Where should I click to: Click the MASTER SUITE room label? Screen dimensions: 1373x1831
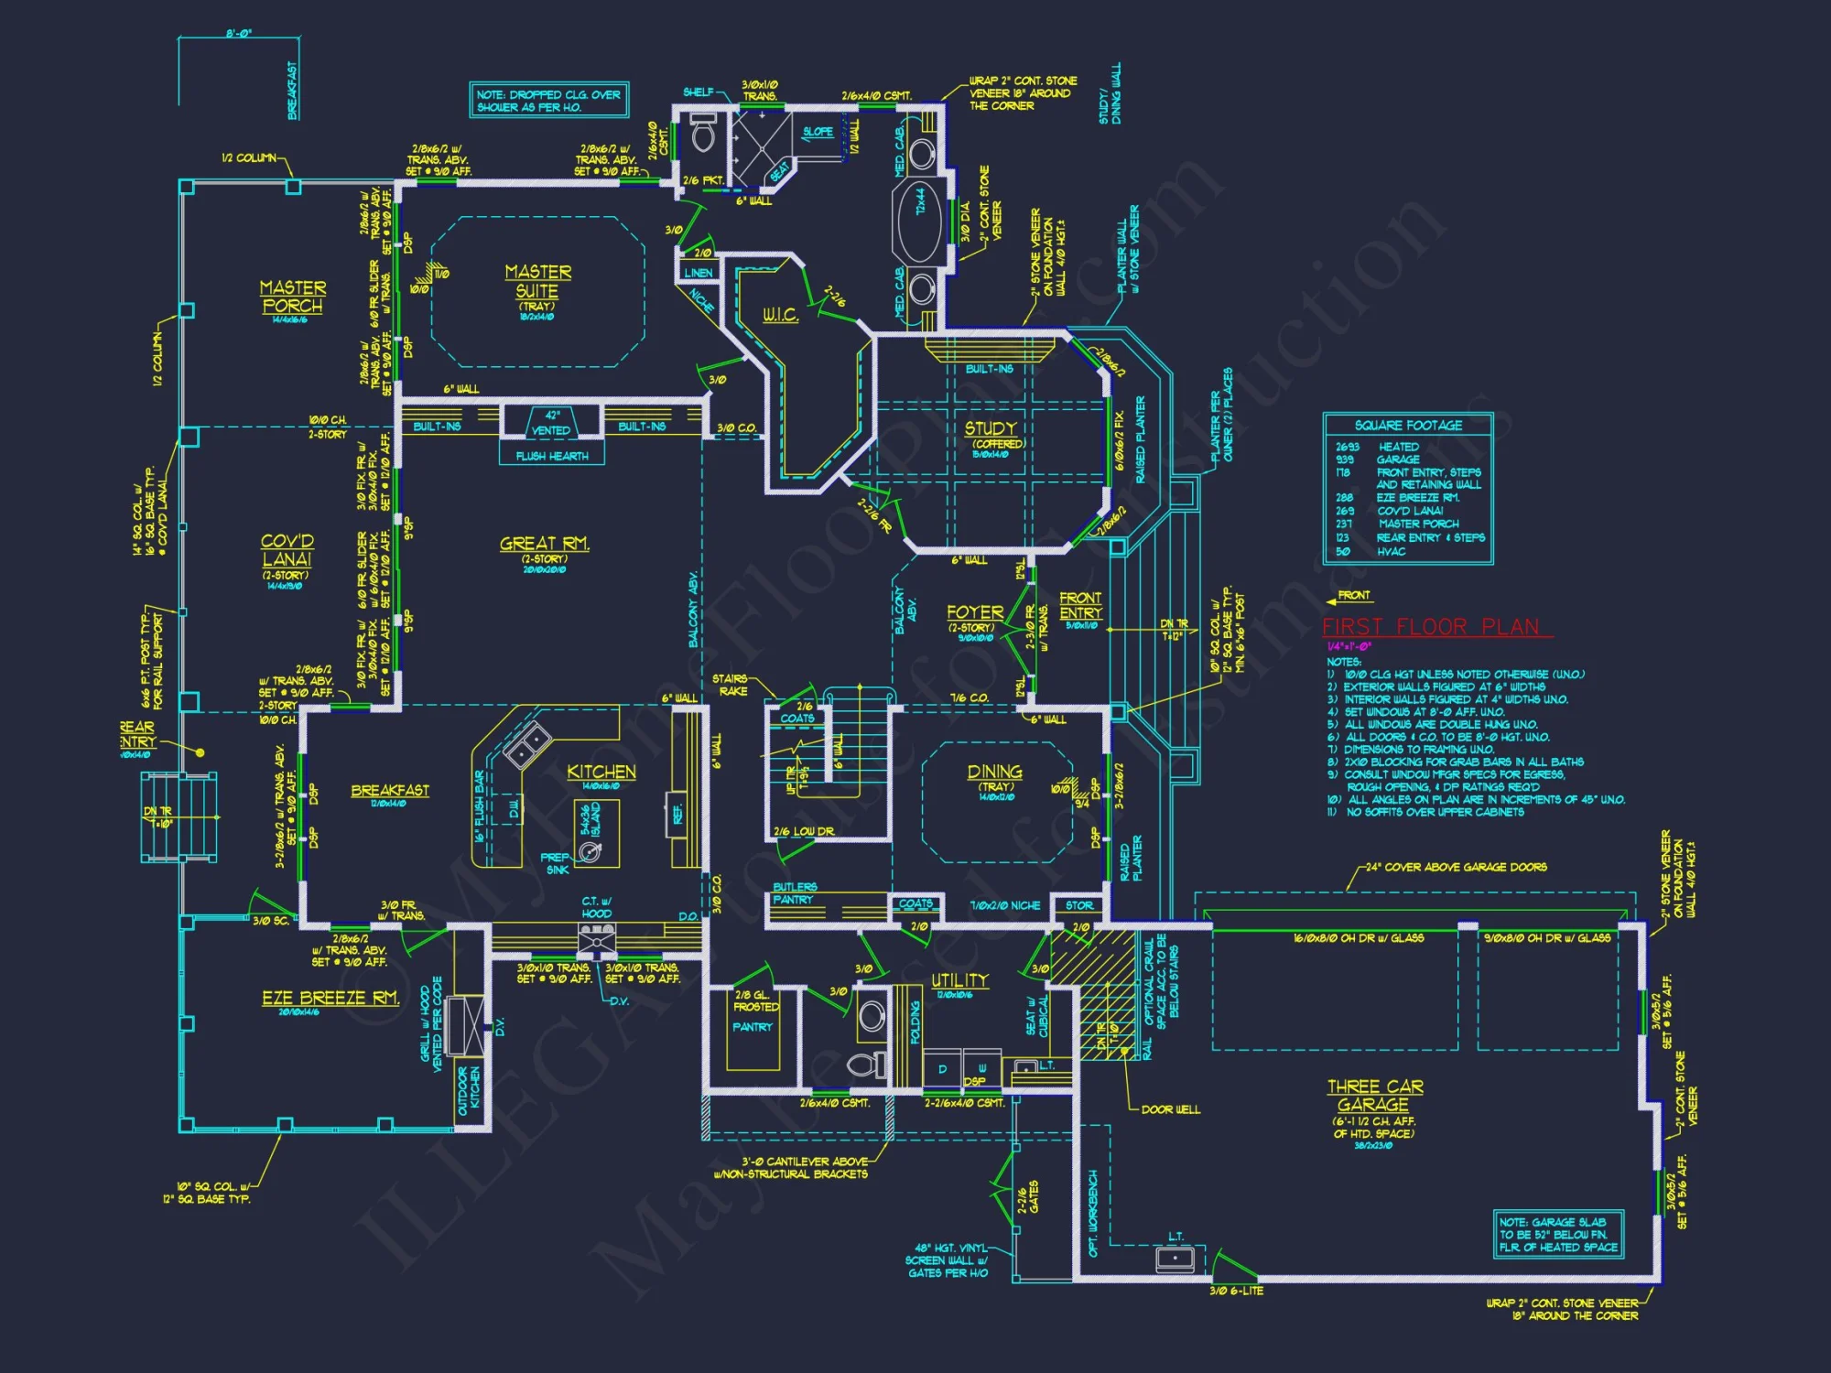click(x=537, y=281)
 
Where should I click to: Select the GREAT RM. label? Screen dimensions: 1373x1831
click(x=545, y=544)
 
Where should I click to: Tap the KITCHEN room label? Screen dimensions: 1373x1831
click(x=601, y=772)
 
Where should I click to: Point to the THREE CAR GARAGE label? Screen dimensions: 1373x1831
click(x=1375, y=1095)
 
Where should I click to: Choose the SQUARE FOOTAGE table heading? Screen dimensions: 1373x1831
click(x=1408, y=426)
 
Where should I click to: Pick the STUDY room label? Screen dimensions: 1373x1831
click(x=990, y=428)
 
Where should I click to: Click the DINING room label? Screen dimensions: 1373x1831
click(x=995, y=772)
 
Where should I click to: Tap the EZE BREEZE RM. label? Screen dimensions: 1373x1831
click(x=330, y=998)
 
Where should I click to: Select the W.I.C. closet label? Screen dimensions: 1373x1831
click(x=781, y=316)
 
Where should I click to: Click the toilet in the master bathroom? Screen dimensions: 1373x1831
click(x=703, y=135)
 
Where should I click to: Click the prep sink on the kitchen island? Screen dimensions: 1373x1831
click(x=590, y=852)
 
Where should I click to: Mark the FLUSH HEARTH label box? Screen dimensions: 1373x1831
click(x=552, y=456)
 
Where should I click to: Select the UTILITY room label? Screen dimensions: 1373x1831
click(x=959, y=980)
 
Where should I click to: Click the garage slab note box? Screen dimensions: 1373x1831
click(x=1558, y=1234)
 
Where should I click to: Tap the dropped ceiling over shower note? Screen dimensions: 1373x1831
click(x=548, y=101)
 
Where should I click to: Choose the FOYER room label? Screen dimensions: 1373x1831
click(x=975, y=611)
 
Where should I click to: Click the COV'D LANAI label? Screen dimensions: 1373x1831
click(x=287, y=549)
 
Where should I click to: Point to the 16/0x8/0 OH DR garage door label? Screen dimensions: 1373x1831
click(x=1358, y=938)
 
